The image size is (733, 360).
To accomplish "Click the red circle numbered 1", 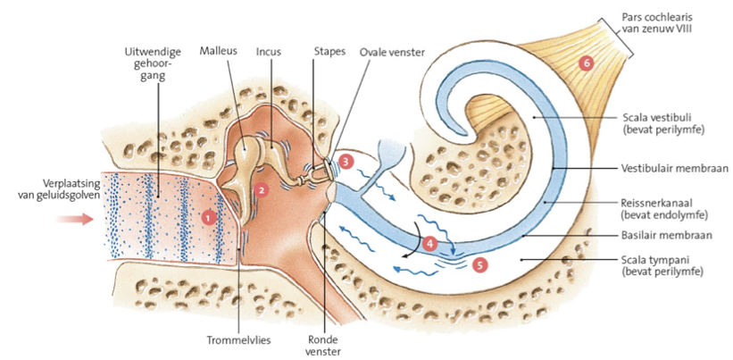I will [x=208, y=216].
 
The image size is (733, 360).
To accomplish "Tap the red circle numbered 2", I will [x=261, y=189].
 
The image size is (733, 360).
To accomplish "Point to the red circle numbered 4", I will [x=429, y=241].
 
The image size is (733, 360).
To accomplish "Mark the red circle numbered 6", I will [x=586, y=63].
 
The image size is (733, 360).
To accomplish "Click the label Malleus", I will [x=218, y=52].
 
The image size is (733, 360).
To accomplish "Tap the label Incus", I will [x=268, y=52].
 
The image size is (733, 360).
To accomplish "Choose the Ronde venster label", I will [x=321, y=345].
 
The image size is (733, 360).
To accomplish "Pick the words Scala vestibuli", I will [x=655, y=116].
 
